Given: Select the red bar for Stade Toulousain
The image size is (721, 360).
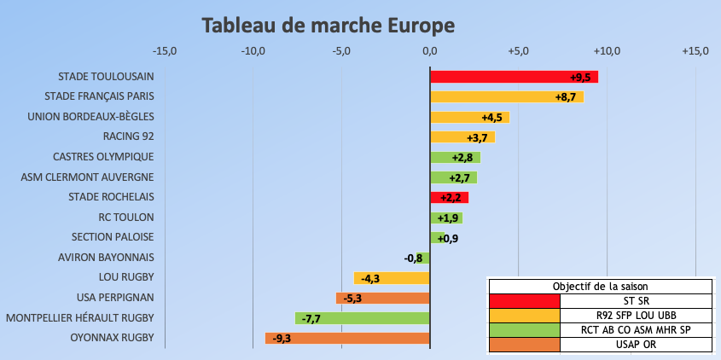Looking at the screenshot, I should (x=512, y=77).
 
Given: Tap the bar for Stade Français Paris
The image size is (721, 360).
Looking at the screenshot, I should (x=506, y=97).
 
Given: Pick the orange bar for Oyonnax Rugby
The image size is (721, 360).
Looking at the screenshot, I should (x=346, y=339).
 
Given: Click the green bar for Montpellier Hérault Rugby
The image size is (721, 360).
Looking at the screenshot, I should (x=362, y=318).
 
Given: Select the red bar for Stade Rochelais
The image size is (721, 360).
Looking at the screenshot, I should (x=449, y=198).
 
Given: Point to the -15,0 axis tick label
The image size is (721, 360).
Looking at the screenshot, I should (x=162, y=51).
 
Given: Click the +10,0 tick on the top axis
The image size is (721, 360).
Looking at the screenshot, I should (x=607, y=51).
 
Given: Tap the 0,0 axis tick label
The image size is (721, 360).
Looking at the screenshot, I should (x=429, y=51).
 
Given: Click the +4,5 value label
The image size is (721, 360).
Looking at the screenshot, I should (x=492, y=118).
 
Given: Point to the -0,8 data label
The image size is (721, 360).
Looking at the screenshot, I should (x=413, y=258).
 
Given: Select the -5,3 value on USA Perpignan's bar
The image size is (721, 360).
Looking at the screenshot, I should (x=352, y=299).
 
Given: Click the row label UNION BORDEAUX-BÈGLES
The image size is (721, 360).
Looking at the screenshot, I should (x=91, y=117).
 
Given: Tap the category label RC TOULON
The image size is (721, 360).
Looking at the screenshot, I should (x=126, y=218).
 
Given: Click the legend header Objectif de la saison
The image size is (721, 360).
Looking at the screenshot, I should (x=599, y=286).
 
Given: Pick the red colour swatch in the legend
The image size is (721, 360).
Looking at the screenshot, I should (x=524, y=301).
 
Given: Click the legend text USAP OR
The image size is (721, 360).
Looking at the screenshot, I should (x=636, y=345).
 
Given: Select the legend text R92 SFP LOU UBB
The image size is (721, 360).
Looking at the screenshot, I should (x=636, y=316).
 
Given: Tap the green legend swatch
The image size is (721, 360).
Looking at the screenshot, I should (x=524, y=330).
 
